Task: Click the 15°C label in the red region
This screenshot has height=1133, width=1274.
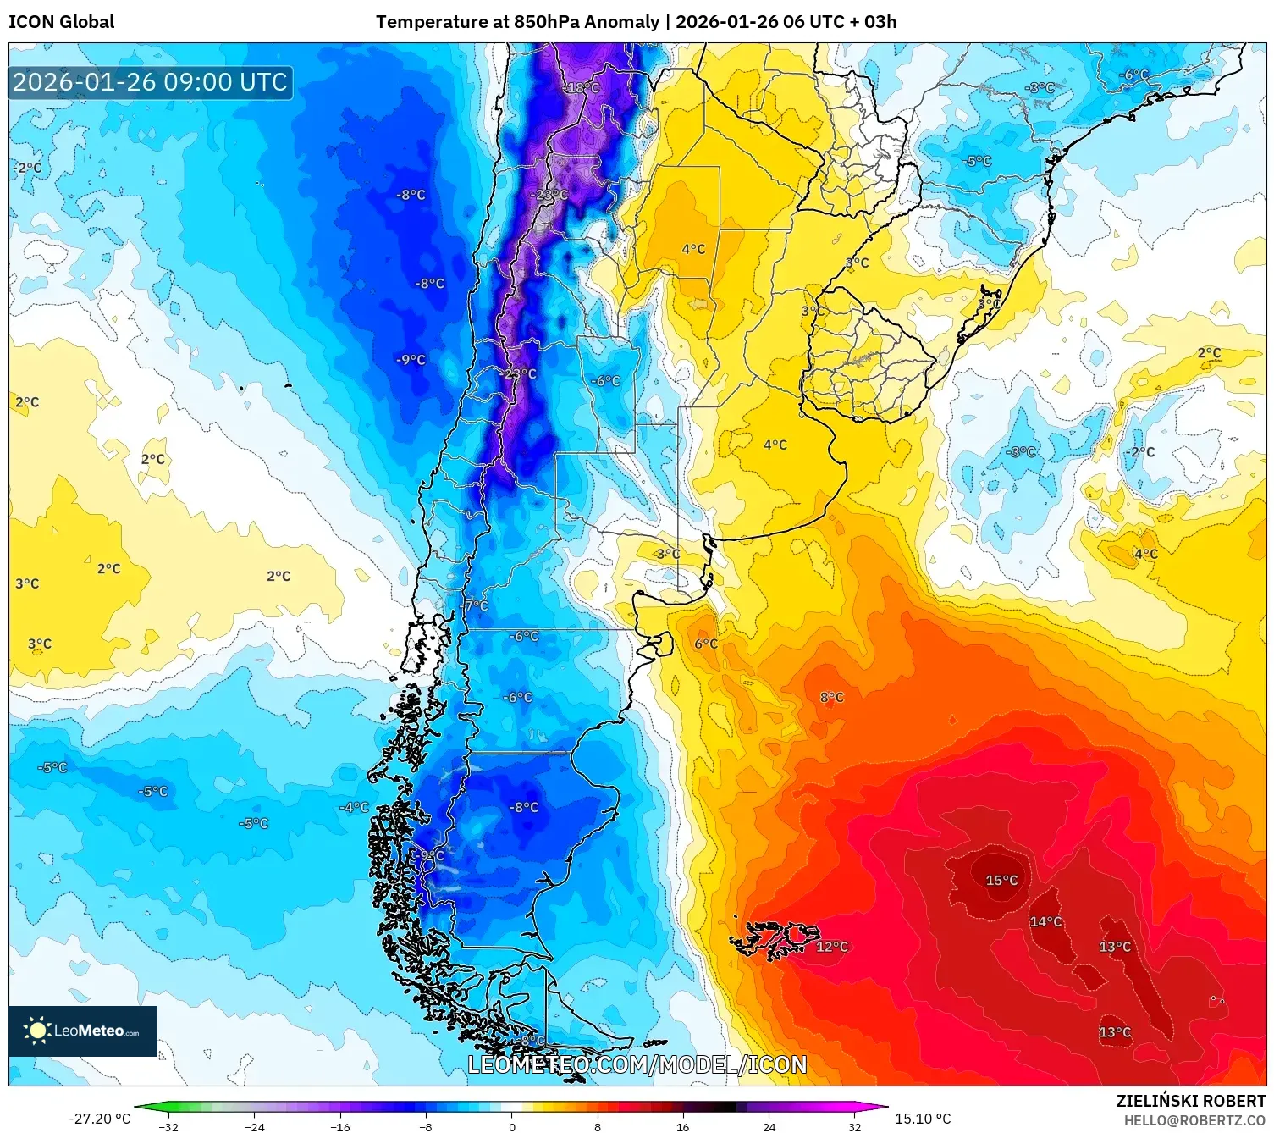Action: [1001, 881]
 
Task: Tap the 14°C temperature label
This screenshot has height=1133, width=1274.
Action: [1045, 921]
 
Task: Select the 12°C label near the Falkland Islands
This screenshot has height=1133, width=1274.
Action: [831, 947]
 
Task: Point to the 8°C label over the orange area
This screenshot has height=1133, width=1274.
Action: [831, 698]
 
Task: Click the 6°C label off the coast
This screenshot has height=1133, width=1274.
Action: [705, 644]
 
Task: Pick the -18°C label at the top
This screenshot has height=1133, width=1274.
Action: [582, 88]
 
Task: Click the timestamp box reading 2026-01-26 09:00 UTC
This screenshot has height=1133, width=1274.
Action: [151, 82]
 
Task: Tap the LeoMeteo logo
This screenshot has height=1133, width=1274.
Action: [83, 1031]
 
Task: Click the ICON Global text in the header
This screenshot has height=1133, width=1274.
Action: [61, 22]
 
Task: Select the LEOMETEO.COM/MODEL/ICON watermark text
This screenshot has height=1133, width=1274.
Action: [637, 1064]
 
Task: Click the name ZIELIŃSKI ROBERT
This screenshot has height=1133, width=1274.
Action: [1190, 1101]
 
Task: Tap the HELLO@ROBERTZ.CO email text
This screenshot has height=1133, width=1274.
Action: [1194, 1120]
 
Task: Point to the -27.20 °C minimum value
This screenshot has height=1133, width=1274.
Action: [99, 1119]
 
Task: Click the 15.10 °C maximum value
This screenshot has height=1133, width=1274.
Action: [923, 1119]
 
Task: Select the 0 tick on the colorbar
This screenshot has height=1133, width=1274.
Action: [511, 1127]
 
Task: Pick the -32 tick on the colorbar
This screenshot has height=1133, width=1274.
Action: [168, 1127]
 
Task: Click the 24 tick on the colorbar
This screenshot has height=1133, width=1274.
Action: [769, 1127]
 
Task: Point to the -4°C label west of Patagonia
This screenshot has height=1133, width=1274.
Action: [354, 807]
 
